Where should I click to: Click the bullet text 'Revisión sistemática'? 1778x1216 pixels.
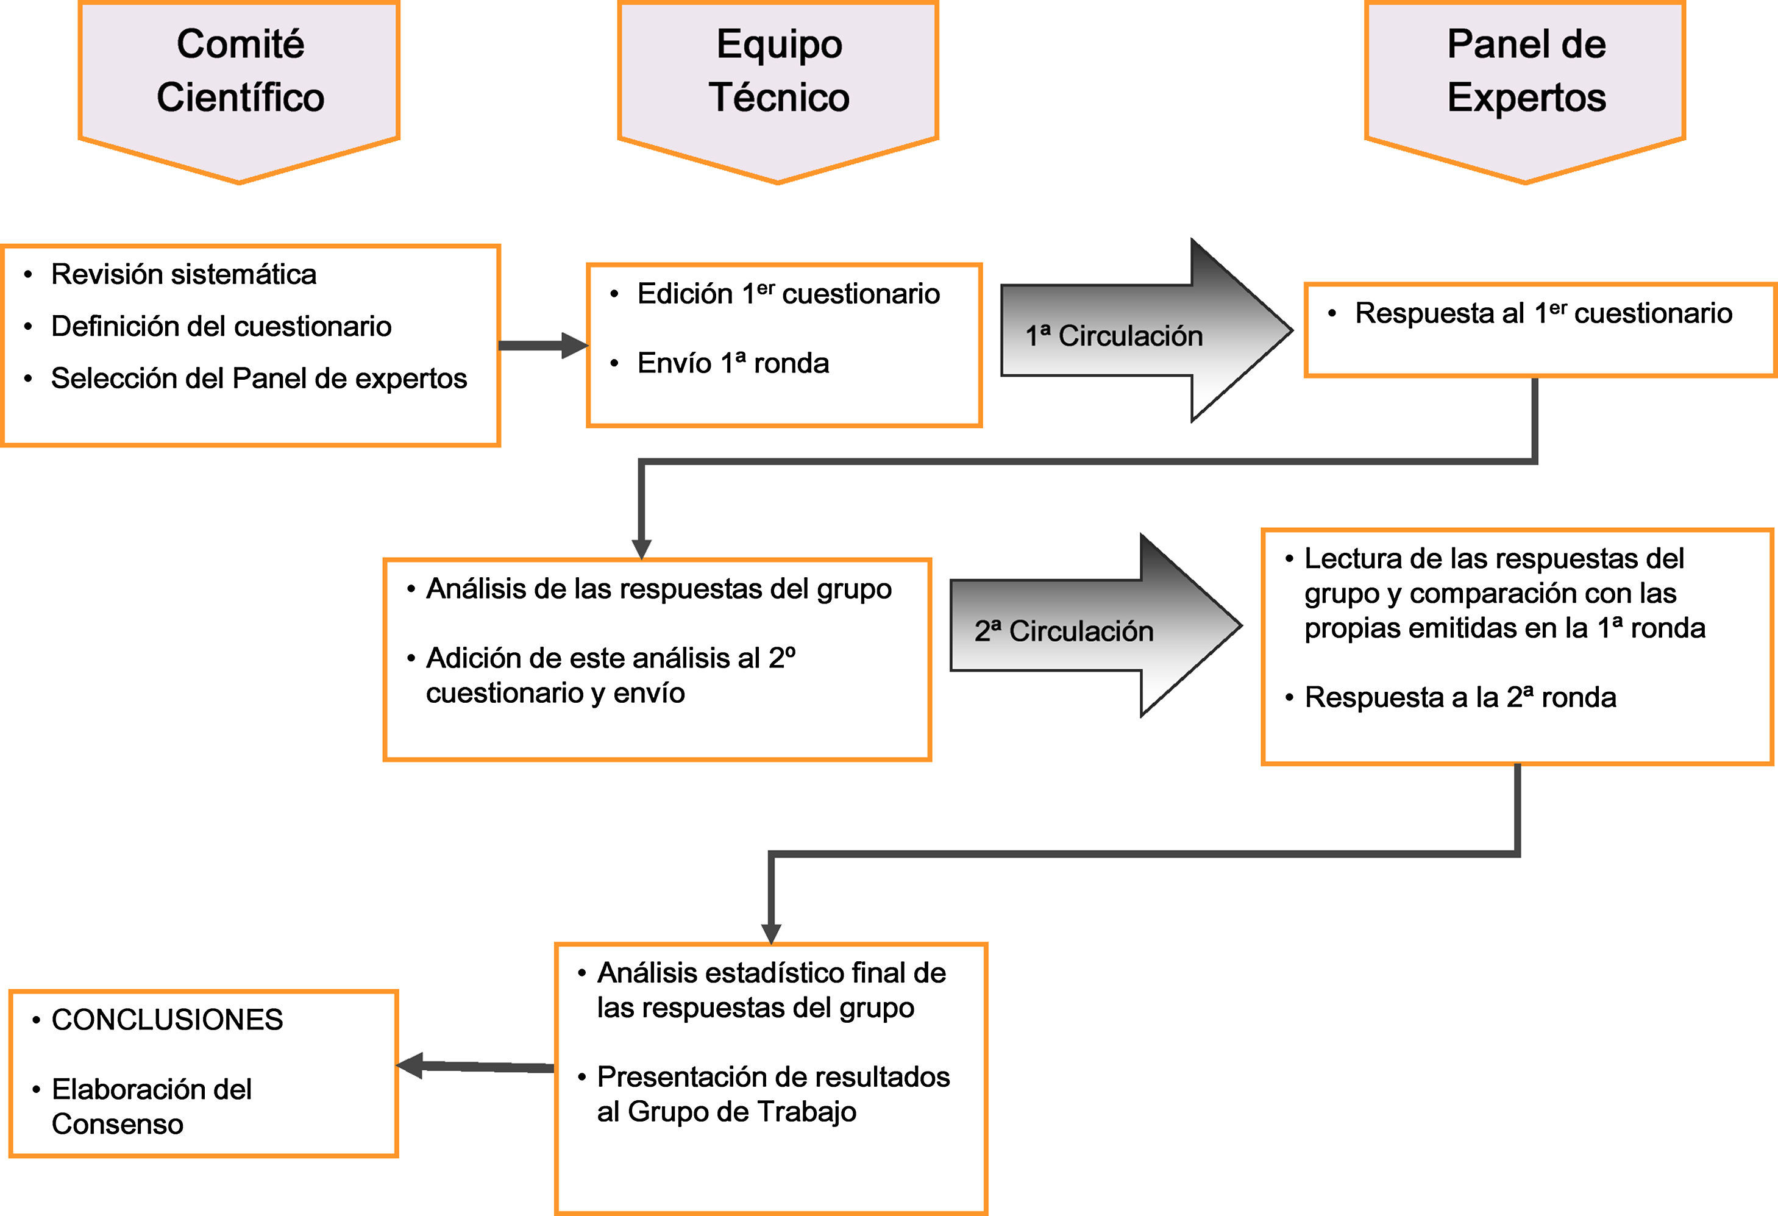[183, 274]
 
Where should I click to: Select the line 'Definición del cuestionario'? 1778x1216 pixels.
[221, 326]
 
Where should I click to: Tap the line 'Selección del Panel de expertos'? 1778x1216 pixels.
[258, 378]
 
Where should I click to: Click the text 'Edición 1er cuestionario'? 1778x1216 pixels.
[788, 294]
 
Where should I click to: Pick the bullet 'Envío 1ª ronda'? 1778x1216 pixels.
[733, 363]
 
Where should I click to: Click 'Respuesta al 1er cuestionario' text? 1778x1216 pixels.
[1543, 313]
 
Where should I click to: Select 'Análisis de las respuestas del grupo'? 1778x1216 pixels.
[659, 588]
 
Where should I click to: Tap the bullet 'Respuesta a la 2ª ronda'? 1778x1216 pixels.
[1460, 697]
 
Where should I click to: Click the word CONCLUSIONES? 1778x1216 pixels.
[167, 1019]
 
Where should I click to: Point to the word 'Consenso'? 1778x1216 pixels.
[117, 1124]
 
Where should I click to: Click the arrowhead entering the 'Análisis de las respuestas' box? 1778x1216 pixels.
[641, 549]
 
